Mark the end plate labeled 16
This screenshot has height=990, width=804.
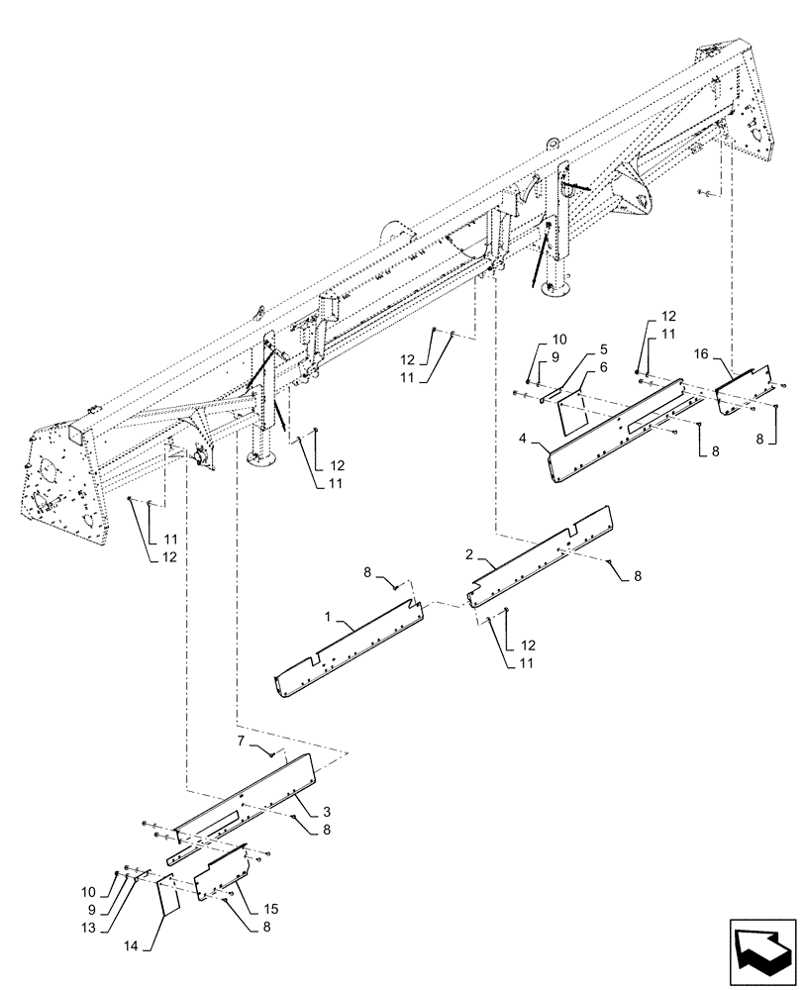744,392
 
